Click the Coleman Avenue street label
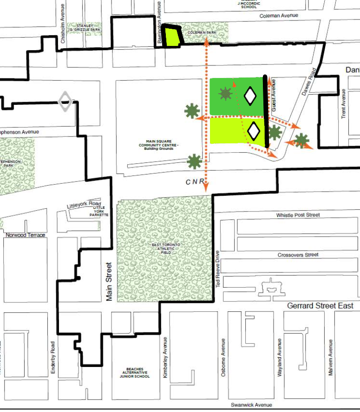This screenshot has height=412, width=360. click(278, 16)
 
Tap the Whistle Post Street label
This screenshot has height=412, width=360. click(298, 215)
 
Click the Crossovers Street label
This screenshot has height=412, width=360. click(298, 255)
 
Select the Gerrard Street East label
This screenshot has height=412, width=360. click(320, 306)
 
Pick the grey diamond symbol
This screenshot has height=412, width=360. click(65, 101)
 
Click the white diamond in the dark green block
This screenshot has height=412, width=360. click(250, 96)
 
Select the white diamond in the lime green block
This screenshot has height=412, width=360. click(254, 130)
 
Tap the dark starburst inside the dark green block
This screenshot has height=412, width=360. click(226, 94)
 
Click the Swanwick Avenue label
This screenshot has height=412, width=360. click(252, 405)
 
